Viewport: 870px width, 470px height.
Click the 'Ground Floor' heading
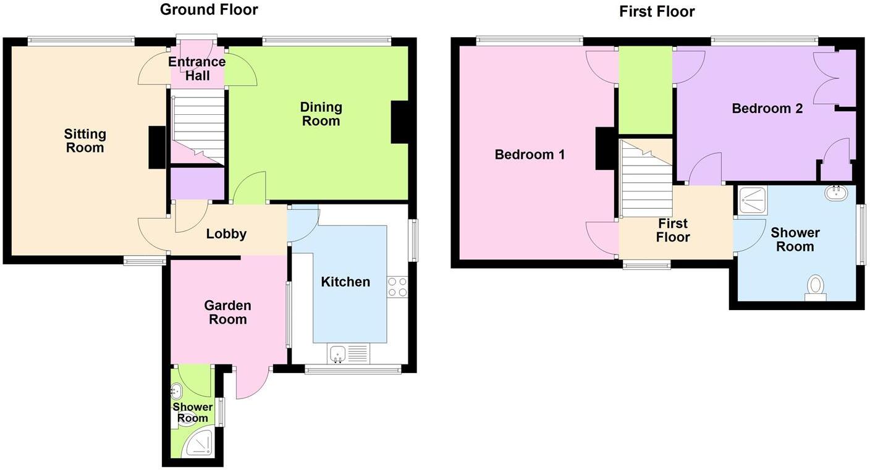(x=209, y=10)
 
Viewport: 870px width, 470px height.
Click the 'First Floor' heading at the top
(x=657, y=12)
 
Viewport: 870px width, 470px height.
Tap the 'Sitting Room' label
(x=85, y=141)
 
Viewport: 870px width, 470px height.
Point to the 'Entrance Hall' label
(x=197, y=69)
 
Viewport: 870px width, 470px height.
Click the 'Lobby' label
(x=226, y=234)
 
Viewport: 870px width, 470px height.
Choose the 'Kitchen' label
(x=345, y=282)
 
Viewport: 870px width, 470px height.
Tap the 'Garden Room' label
(x=227, y=313)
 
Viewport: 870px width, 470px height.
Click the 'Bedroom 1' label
(x=530, y=154)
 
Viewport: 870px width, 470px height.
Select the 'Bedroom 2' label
(x=767, y=109)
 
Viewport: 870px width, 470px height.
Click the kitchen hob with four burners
(x=397, y=286)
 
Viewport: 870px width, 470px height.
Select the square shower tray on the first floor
(x=752, y=201)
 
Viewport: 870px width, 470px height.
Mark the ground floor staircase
(x=197, y=127)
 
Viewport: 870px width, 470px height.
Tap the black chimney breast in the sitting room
(x=157, y=147)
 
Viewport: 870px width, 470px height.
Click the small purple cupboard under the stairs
(x=197, y=183)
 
